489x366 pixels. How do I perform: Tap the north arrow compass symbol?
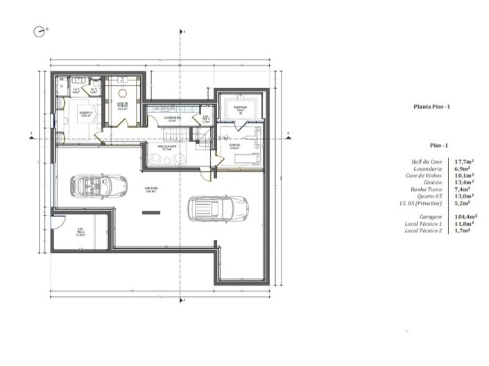tap(38, 31)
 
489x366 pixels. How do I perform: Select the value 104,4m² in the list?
tap(463, 216)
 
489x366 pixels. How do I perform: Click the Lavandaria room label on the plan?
tap(173, 119)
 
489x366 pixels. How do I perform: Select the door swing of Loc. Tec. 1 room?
tap(61, 221)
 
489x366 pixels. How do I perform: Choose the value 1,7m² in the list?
tap(463, 230)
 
